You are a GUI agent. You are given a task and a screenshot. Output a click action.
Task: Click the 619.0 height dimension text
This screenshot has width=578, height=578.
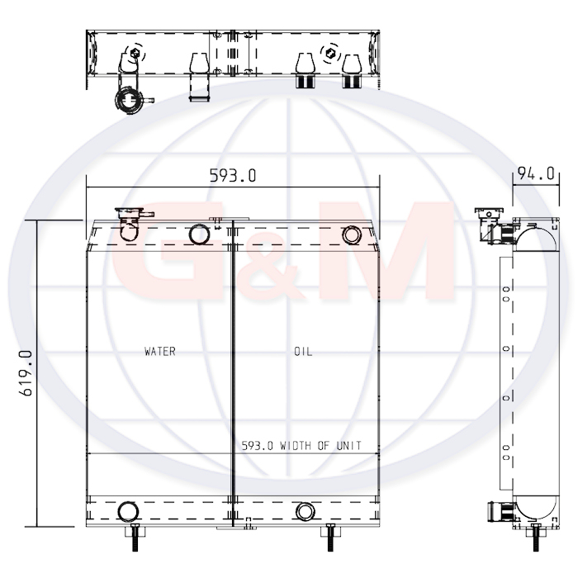point(26,373)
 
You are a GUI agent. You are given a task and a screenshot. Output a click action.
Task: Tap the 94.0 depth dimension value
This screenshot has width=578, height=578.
point(536,173)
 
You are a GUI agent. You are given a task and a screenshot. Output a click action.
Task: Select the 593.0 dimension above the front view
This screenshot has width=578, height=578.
point(233,175)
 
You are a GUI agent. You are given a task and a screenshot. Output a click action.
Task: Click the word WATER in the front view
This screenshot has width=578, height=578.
point(160,351)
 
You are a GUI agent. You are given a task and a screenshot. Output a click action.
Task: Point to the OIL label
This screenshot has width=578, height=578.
point(303,352)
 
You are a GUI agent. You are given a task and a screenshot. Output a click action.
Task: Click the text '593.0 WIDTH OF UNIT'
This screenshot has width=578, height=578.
point(301,446)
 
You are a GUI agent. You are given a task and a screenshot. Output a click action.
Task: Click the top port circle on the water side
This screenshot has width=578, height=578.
point(199,235)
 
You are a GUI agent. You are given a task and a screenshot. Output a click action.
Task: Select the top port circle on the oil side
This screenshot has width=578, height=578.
point(352,235)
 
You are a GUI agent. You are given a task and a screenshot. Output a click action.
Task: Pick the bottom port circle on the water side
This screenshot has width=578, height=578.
point(128,512)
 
